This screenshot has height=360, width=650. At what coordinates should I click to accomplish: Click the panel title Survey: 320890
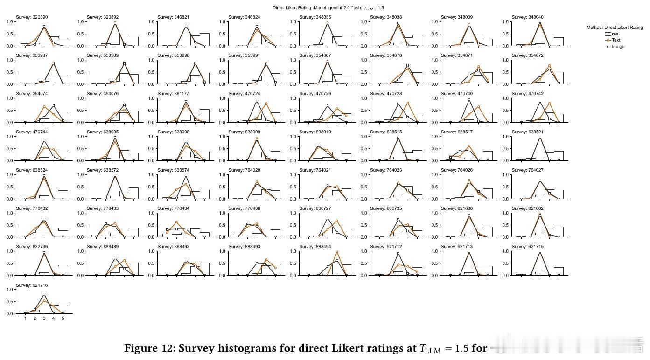click(32, 17)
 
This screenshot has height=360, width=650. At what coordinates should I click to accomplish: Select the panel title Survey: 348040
click(527, 17)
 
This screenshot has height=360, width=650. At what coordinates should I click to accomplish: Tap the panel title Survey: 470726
click(315, 94)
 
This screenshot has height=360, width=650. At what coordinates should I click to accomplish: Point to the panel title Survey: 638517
click(457, 132)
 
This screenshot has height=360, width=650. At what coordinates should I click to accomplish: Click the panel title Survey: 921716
click(32, 285)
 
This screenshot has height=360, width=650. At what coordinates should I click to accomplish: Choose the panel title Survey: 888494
click(315, 247)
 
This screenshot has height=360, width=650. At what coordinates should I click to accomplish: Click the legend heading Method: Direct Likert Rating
click(615, 28)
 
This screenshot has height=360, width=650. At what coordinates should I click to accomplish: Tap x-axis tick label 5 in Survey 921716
click(63, 318)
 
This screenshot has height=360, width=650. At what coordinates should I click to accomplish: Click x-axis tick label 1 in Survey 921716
click(25, 318)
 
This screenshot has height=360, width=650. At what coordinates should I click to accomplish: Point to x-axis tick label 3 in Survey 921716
click(44, 318)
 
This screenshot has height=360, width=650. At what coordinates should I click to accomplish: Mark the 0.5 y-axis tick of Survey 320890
click(12, 34)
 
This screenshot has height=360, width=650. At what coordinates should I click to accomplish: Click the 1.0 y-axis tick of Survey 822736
click(12, 251)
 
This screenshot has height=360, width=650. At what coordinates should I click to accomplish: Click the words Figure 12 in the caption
click(149, 348)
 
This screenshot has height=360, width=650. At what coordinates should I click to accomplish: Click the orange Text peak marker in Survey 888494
click(337, 252)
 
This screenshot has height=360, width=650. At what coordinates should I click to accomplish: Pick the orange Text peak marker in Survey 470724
click(266, 104)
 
